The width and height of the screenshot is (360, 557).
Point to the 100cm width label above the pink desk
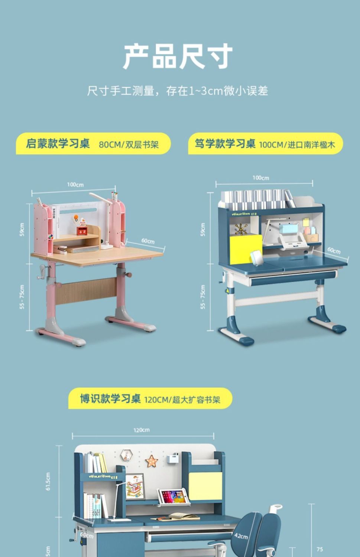(x=75, y=185)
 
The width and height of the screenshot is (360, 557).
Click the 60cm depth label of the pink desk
(x=148, y=241)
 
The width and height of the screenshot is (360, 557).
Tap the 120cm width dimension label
(x=142, y=430)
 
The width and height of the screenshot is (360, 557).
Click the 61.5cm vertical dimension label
(x=48, y=481)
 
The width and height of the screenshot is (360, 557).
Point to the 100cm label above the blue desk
(x=261, y=178)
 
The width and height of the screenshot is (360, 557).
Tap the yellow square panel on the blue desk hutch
(x=246, y=249)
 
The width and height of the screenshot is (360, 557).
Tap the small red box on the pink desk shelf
(x=82, y=231)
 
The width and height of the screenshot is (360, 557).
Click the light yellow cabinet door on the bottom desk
(x=205, y=486)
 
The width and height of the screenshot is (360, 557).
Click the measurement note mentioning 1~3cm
(x=178, y=91)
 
